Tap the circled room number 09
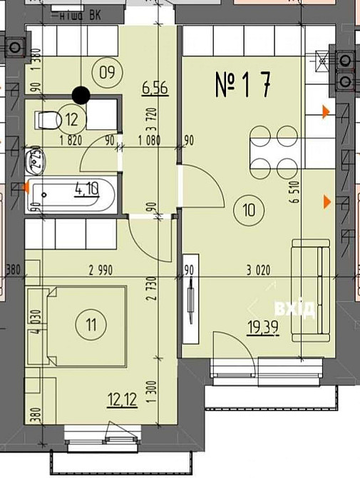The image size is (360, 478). pos(107,71)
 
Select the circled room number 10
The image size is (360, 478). pos(247,210)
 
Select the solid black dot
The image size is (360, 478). pos(81,93)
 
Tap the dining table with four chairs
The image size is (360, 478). pos(275,151)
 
